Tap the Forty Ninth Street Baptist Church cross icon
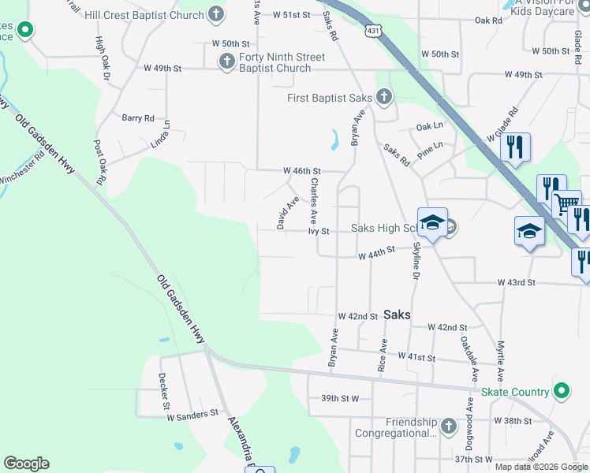pyautogui.click(x=226, y=61)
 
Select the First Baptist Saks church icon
pyautogui.click(x=383, y=98)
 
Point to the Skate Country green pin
pyautogui.click(x=561, y=391)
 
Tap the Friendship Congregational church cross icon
pyautogui.click(x=448, y=426)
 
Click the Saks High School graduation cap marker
pyautogui.click(x=432, y=223)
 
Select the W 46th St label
pyautogui.click(x=302, y=170)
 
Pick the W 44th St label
pyautogui.click(x=375, y=255)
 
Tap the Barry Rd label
pyautogui.click(x=138, y=118)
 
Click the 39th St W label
pyautogui.click(x=340, y=399)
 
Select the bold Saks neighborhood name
pyautogui.click(x=398, y=314)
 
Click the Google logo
pyautogui.click(x=26, y=464)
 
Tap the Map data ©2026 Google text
pyautogui.click(x=542, y=467)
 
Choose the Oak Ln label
pyautogui.click(x=430, y=126)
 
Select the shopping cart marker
pyautogui.click(x=566, y=204)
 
